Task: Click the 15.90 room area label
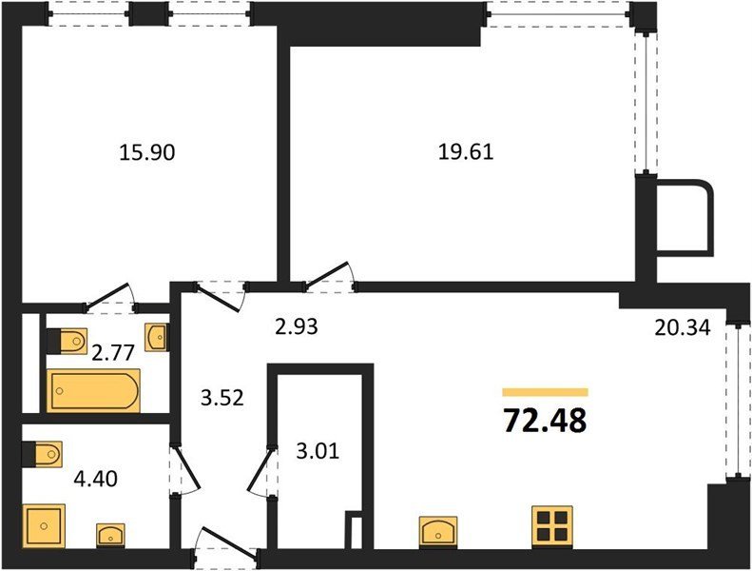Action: click(146, 152)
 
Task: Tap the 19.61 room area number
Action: click(466, 152)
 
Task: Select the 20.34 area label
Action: click(682, 328)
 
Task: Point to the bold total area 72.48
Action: click(546, 421)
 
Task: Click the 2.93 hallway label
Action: click(297, 326)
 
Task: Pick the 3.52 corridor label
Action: click(222, 398)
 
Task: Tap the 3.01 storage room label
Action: click(318, 451)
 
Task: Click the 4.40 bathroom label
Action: click(95, 479)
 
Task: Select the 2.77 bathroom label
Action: click(113, 353)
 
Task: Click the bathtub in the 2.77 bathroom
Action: click(93, 390)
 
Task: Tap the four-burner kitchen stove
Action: click(552, 527)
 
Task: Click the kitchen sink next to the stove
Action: click(438, 532)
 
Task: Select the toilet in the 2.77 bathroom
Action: click(67, 341)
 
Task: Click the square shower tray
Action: click(44, 525)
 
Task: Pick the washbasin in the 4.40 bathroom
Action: click(111, 535)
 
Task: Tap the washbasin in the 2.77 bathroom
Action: click(156, 336)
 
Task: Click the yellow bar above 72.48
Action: click(546, 392)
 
